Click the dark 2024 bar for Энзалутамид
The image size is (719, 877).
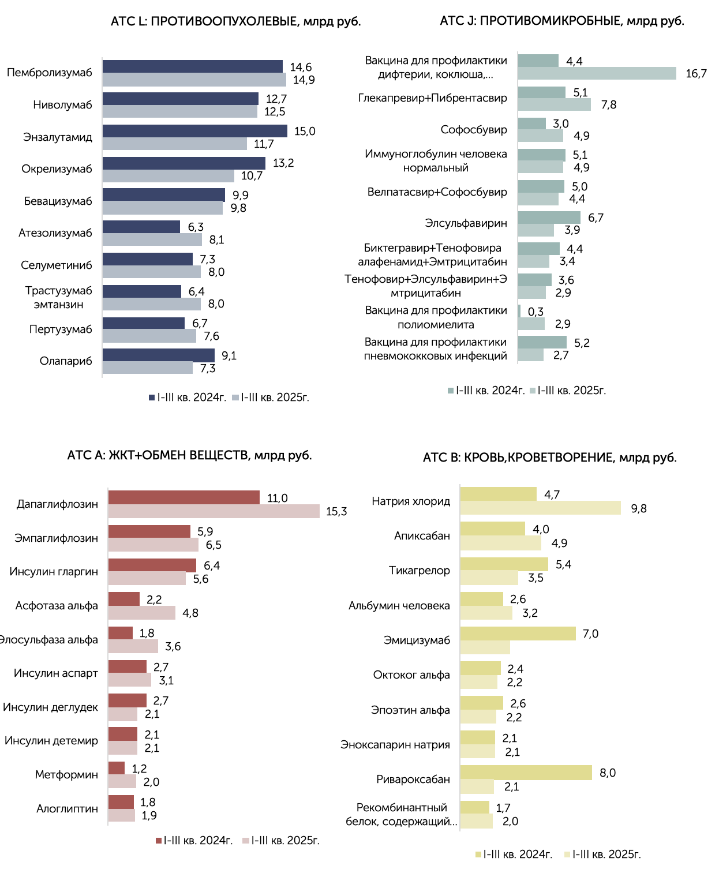point(194,130)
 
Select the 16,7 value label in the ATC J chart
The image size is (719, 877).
point(696,74)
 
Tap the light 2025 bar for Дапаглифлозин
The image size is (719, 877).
point(214,511)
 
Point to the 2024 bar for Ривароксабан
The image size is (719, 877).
point(526,772)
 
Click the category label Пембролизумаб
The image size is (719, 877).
point(50,72)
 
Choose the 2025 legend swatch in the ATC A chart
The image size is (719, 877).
point(246,841)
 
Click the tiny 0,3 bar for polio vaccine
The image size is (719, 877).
point(519,311)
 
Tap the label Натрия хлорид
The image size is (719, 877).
point(411,501)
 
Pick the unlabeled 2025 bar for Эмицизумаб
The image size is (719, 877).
point(485,647)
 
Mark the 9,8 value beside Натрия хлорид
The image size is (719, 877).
point(638,508)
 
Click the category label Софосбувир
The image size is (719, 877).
point(474,130)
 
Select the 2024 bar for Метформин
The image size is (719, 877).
point(117,767)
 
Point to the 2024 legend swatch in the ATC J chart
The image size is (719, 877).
point(450,391)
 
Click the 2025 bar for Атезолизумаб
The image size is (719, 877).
point(152,239)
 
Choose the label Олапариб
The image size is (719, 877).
point(66,361)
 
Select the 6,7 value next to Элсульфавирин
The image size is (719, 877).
point(596,218)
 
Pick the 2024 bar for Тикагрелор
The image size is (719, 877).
point(504,564)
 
